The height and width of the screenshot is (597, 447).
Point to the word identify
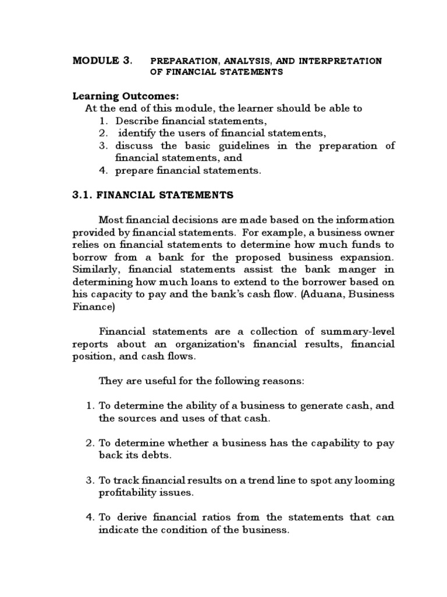coord(139,133)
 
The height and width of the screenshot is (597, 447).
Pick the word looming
coord(372,480)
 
